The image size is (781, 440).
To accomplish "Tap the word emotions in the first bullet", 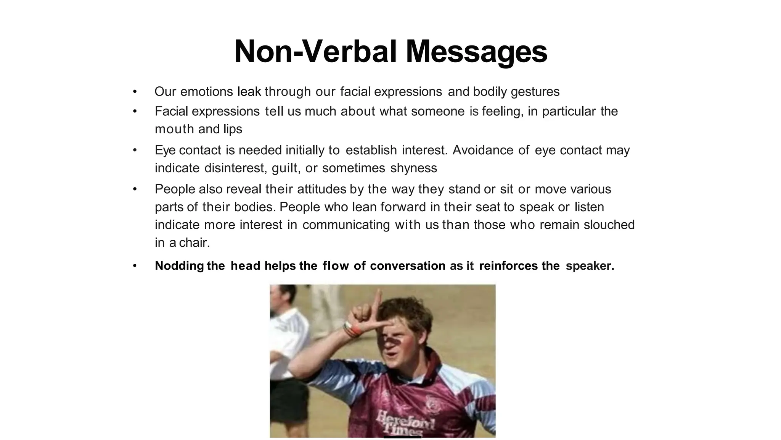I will click(x=206, y=92).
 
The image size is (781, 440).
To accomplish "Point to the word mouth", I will click(x=174, y=129).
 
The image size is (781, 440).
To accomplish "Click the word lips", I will click(x=233, y=129).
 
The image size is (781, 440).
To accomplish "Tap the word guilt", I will click(x=284, y=168).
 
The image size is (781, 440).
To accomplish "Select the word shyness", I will click(x=414, y=168).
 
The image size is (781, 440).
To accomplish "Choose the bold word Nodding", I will click(x=179, y=266).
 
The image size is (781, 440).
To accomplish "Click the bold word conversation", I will click(x=407, y=266).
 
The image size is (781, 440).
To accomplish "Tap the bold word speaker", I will click(x=590, y=266).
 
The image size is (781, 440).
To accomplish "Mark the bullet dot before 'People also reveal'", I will click(x=135, y=189).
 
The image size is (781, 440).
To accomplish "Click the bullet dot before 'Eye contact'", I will click(x=135, y=150).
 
